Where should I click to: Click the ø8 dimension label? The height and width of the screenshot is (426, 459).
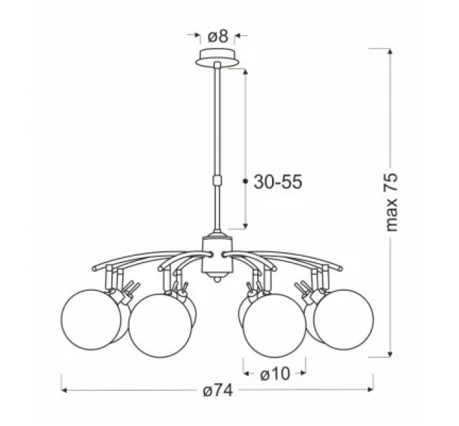tap(218, 37)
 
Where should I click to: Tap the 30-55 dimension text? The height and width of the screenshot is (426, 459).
tap(278, 182)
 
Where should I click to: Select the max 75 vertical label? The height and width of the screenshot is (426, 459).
tap(391, 203)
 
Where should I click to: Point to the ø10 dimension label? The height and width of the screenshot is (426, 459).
tap(275, 374)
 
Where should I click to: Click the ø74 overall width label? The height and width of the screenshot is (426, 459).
tap(219, 390)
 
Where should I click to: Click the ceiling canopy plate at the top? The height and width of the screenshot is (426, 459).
tap(217, 59)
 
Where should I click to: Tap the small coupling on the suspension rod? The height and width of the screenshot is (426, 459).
tap(217, 180)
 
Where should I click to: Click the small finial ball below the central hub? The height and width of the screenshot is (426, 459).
tap(217, 279)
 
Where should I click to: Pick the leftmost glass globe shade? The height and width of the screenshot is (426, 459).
tap(91, 320)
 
